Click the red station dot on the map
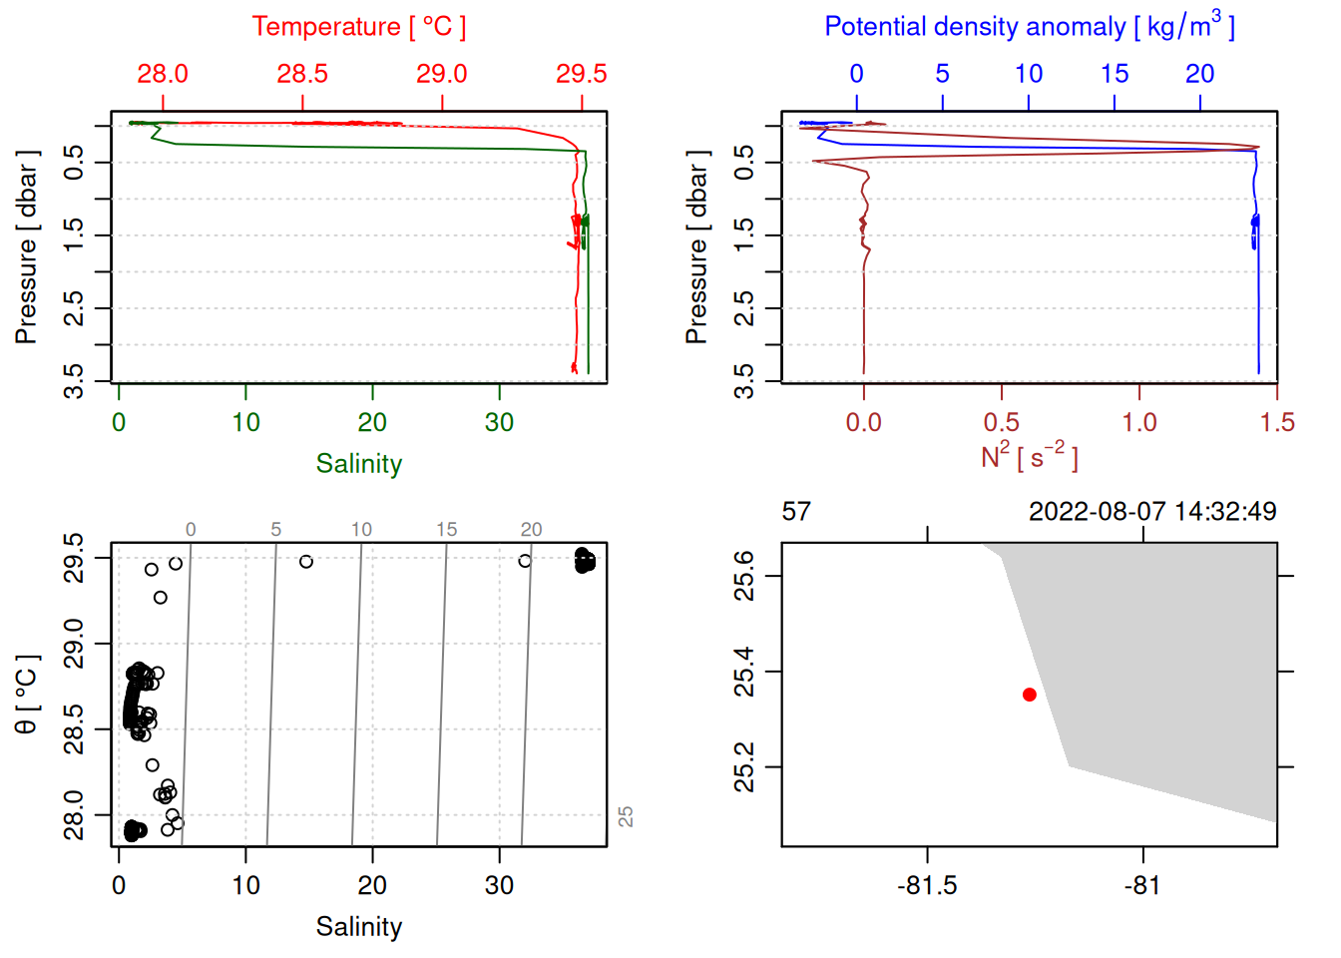1029,695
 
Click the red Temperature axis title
358,27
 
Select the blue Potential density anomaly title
1029,26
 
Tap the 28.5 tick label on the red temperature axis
302,74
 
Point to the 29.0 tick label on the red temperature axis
442,74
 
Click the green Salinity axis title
358,464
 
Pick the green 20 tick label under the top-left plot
372,423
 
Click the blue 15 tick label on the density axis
1115,74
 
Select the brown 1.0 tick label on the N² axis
1139,423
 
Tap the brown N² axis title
1029,456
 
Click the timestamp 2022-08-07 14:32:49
1152,512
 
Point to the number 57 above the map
796,512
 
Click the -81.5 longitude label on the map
927,886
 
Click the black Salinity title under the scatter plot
358,927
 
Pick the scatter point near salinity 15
306,562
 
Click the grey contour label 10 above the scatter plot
361,530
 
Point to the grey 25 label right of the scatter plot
626,816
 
